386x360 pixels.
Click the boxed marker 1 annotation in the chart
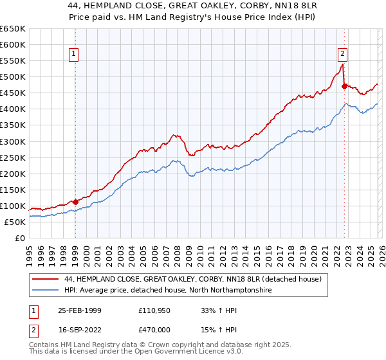(75, 54)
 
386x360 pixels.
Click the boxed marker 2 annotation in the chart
(343, 54)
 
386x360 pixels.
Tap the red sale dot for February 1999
(76, 202)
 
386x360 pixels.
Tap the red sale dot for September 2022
(344, 86)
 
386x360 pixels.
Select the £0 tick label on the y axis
(20, 238)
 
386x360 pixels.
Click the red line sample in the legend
(46, 280)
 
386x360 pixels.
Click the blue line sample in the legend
(46, 291)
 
